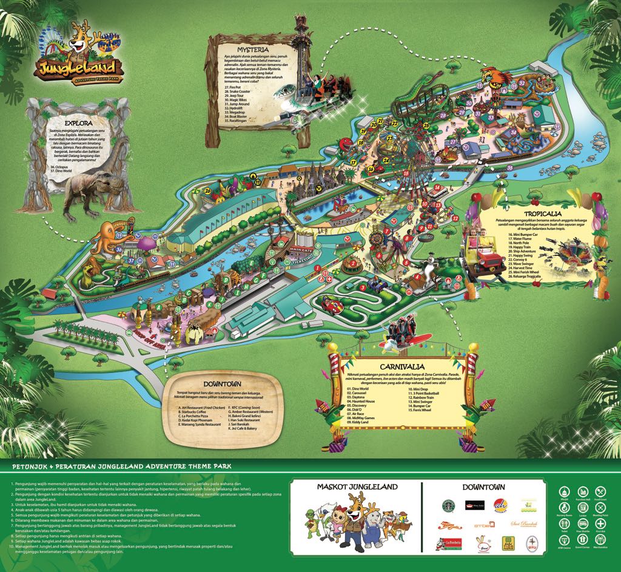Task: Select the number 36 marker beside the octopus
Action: tap(119, 249)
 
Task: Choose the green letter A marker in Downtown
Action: tap(159, 307)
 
